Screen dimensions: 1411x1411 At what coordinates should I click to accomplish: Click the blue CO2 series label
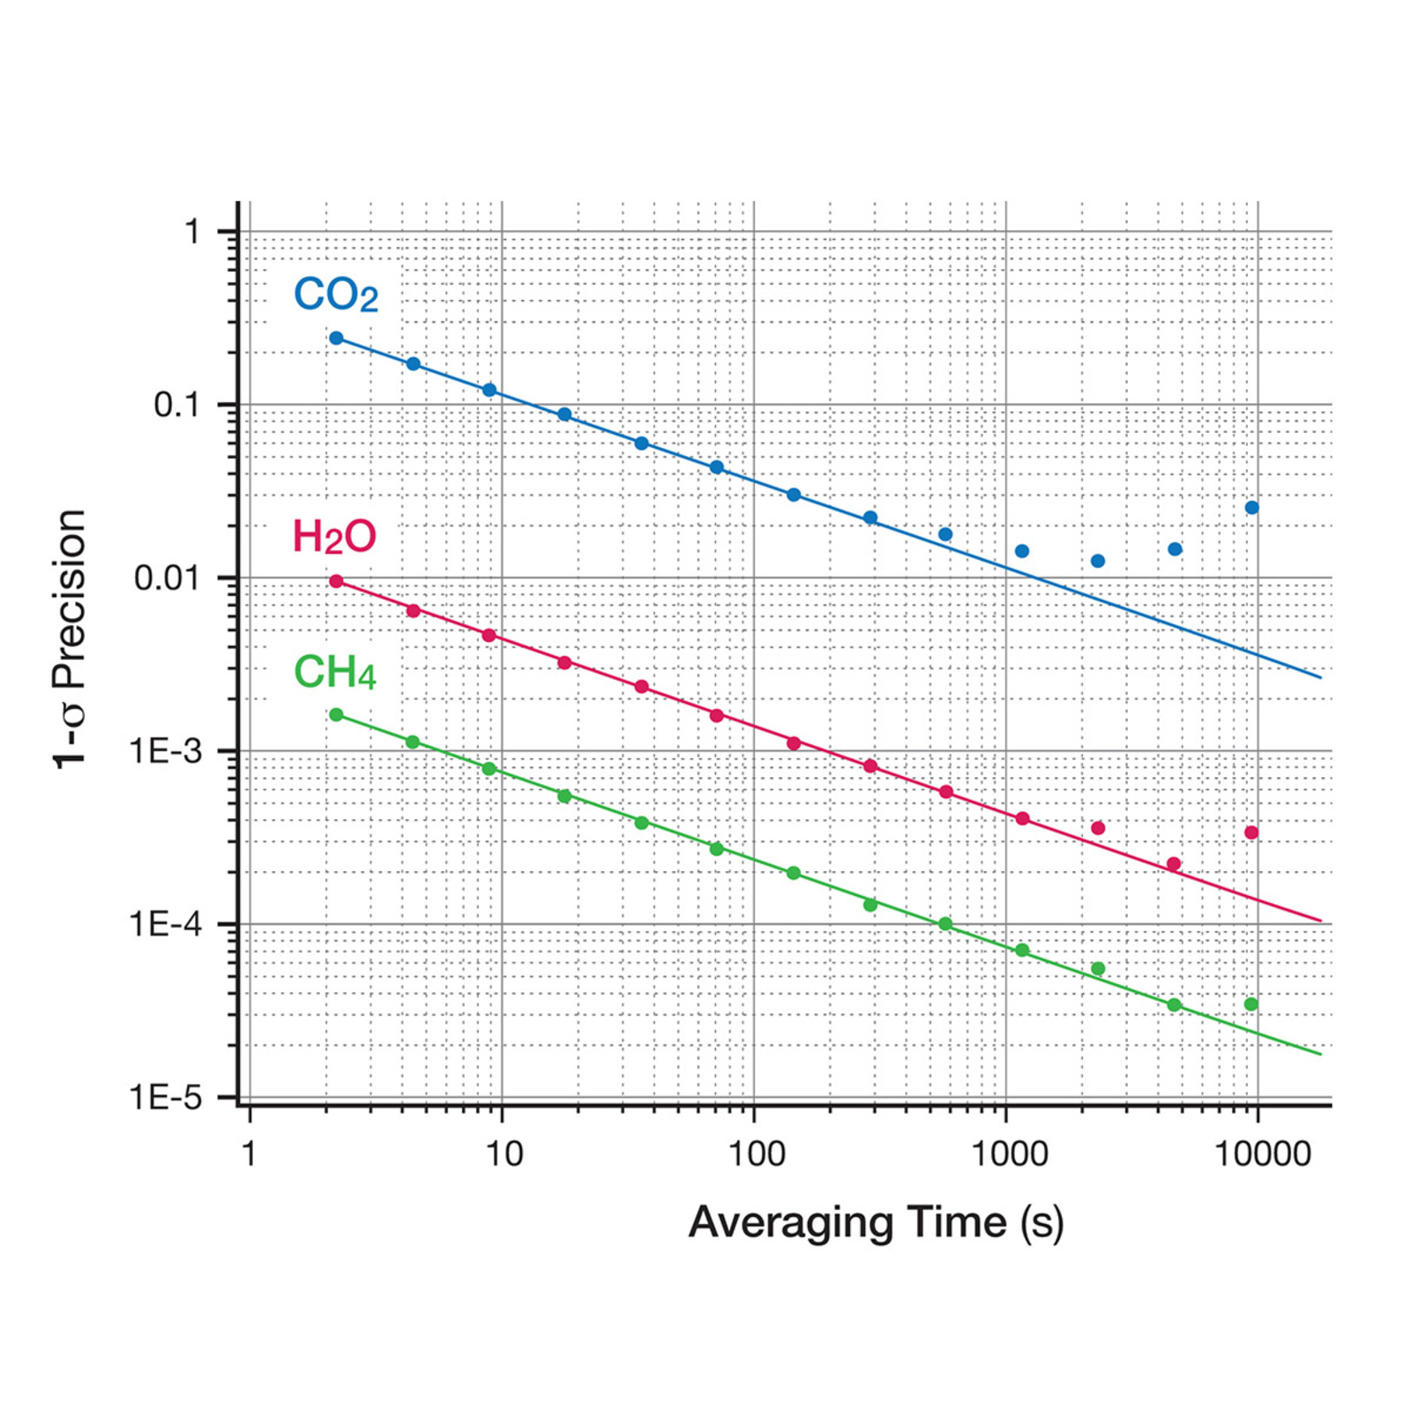[x=336, y=295]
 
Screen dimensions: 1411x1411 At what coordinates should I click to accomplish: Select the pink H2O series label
[x=334, y=536]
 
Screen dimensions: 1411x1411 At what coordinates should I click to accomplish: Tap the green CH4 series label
[x=335, y=673]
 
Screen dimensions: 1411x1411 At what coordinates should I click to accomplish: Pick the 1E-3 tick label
[x=166, y=751]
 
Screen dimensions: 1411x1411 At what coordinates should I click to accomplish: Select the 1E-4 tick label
[x=166, y=924]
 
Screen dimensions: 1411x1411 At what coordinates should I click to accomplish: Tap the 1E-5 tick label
[x=166, y=1098]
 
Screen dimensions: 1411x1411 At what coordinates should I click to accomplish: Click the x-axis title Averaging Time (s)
[x=876, y=1223]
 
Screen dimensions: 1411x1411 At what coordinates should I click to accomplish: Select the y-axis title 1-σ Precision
[x=71, y=639]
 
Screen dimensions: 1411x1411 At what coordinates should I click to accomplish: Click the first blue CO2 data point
[x=336, y=338]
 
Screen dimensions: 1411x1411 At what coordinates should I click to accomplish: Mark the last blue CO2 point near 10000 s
[x=1251, y=507]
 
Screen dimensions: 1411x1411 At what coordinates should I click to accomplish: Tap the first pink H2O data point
[x=336, y=581]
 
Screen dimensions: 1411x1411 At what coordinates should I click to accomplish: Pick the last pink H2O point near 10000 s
[x=1251, y=832]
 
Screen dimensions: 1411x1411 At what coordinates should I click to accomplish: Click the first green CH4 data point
[x=336, y=714]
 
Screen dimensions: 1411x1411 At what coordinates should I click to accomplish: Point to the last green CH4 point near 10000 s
[x=1251, y=1004]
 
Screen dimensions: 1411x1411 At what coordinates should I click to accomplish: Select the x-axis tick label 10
[x=504, y=1153]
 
